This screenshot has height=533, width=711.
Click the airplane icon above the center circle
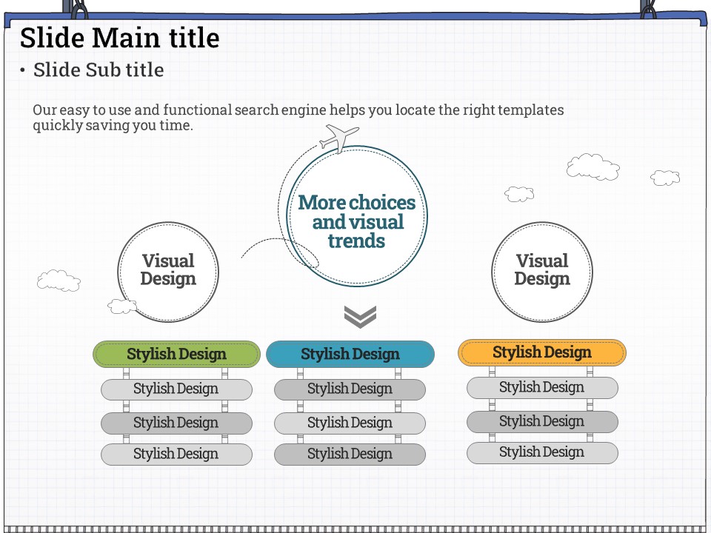339,138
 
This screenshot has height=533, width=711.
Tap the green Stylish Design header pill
176,354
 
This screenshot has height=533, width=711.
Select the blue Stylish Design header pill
350,354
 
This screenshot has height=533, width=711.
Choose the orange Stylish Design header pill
542,352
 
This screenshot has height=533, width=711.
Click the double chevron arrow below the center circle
360,316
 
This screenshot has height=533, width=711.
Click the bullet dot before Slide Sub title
22,70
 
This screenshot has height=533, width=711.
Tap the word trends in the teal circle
356,241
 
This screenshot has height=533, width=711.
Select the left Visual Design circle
168,272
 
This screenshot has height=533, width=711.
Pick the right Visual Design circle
542,272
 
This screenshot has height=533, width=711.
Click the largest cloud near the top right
592,167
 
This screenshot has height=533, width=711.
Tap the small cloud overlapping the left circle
122,306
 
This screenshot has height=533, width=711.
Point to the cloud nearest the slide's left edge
59,281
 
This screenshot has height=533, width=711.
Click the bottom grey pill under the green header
176,454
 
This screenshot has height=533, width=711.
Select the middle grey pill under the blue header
350,423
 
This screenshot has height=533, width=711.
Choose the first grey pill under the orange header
542,387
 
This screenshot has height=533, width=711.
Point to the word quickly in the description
58,126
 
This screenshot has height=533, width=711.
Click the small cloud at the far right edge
665,178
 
